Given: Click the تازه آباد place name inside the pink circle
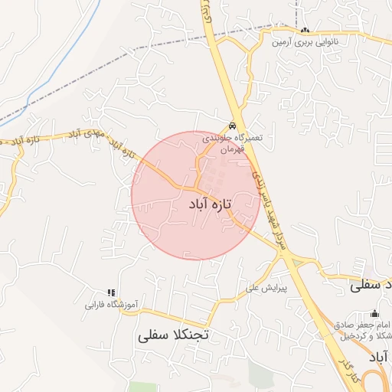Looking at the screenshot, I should click(209, 205).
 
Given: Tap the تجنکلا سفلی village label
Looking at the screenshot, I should click(174, 335).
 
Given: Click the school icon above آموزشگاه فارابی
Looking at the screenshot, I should click(111, 292).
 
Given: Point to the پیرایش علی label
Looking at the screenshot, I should click(266, 289).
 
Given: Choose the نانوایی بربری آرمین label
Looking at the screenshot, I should click(306, 42).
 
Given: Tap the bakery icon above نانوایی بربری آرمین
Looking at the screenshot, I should click(306, 31).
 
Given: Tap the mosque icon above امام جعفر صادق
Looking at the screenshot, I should click(374, 312).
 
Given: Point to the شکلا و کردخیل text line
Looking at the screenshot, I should click(364, 336).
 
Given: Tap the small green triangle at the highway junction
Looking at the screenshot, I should click(296, 263).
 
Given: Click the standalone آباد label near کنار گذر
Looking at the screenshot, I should click(379, 358).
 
